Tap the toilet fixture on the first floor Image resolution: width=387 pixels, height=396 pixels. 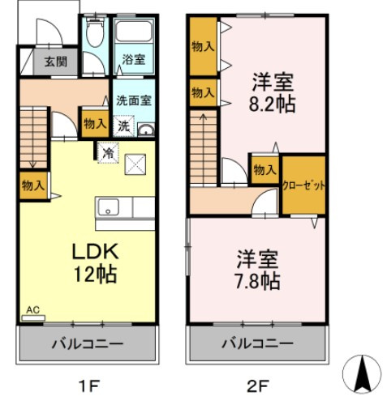94,34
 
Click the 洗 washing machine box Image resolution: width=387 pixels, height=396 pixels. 123,126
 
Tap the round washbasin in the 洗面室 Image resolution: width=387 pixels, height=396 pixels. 146,130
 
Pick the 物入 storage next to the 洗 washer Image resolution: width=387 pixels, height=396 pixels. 93,123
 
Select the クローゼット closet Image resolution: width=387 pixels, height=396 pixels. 304,185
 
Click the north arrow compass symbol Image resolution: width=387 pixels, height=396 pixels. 360,373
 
